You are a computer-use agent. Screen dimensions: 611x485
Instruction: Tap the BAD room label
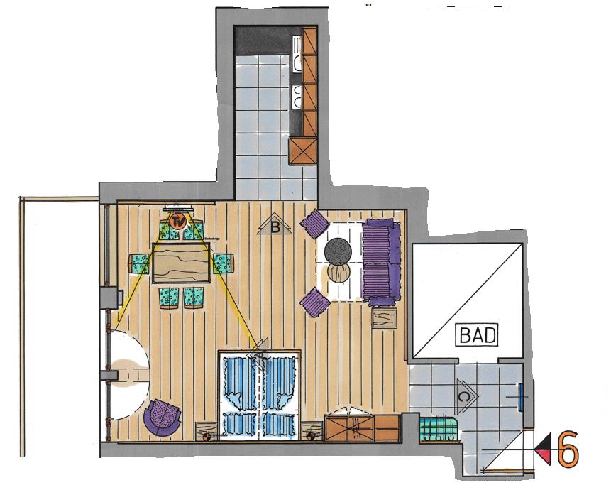point(477,334)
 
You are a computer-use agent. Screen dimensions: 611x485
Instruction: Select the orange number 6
point(568,448)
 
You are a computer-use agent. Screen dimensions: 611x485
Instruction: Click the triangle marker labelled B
point(275,224)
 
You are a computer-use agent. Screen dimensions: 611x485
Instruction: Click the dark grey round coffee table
point(338,251)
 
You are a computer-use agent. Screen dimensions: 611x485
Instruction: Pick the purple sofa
point(382,262)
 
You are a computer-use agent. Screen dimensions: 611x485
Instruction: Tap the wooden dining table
point(181,263)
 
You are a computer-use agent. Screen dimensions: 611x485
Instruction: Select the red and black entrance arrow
point(543,448)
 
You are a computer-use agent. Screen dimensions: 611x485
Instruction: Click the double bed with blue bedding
point(260,396)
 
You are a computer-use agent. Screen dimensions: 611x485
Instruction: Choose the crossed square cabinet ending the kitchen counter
point(303,152)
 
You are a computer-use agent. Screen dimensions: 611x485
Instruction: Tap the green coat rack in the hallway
point(439,429)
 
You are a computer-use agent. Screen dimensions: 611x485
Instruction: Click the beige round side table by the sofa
point(338,272)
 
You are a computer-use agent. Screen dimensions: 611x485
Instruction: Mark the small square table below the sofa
point(384,317)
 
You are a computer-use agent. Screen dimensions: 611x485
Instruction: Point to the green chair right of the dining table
point(224,263)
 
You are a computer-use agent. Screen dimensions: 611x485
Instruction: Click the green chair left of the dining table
point(139,263)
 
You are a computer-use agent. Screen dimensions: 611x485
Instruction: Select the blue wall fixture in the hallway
point(521,397)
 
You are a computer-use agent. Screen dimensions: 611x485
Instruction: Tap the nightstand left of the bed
point(206,431)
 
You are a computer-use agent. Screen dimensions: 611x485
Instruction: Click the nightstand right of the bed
point(312,431)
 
